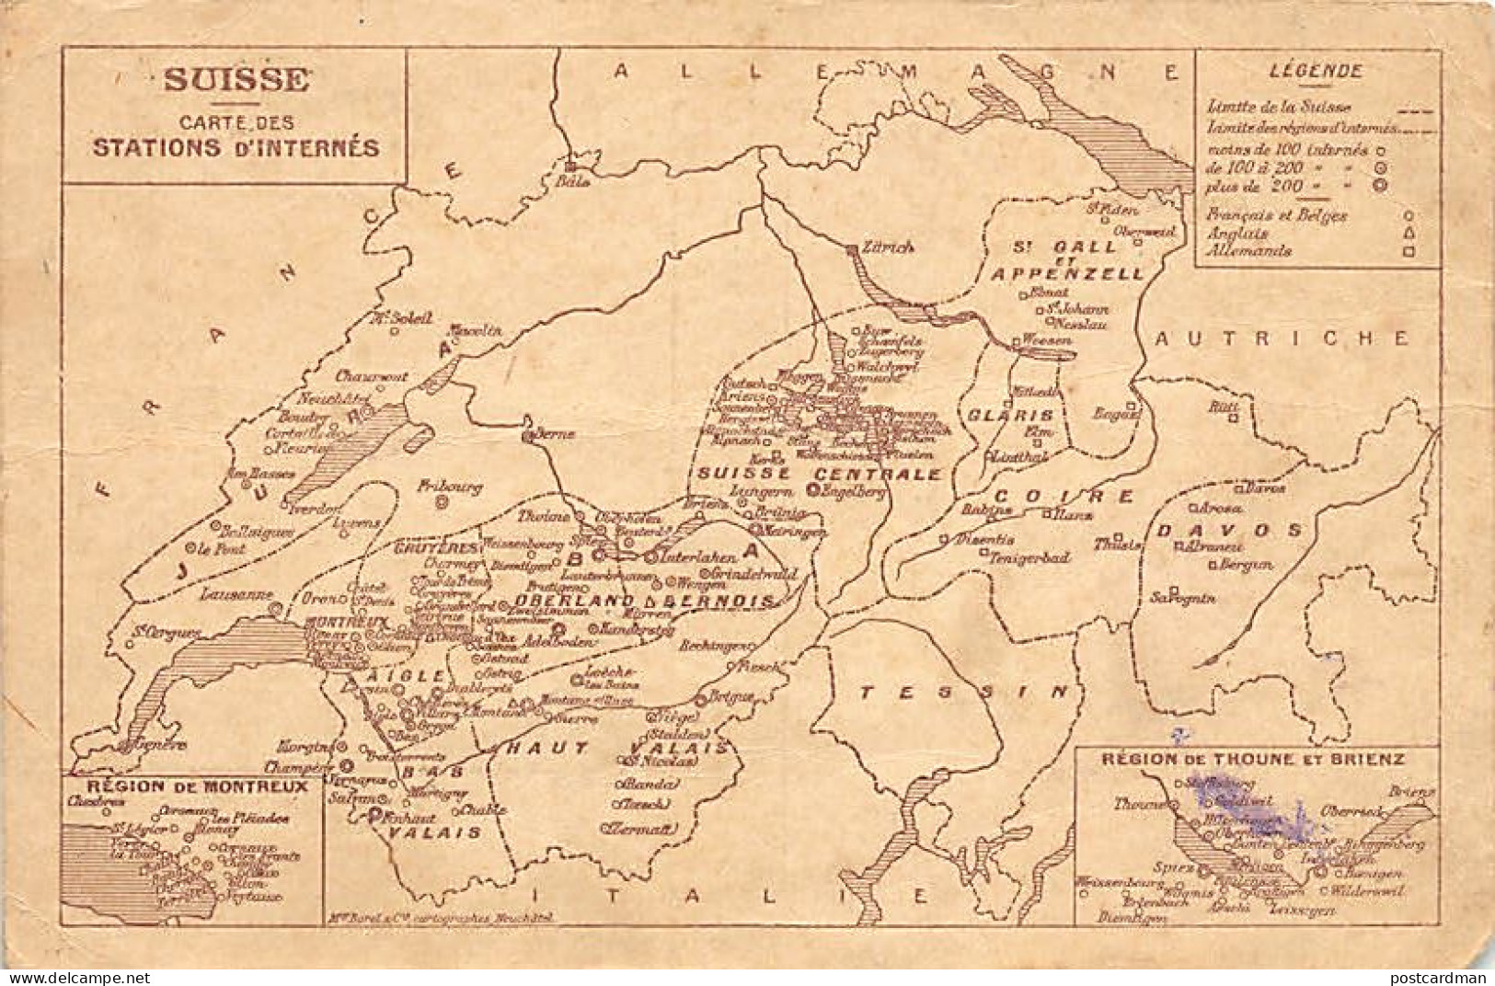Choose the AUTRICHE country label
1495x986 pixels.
click(x=1282, y=338)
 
